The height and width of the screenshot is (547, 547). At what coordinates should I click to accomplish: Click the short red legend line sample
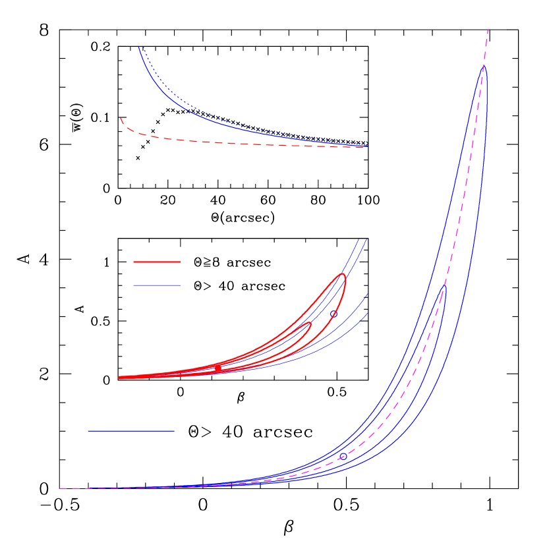click(x=156, y=262)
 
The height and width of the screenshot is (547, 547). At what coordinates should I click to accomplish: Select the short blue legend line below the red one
click(x=156, y=285)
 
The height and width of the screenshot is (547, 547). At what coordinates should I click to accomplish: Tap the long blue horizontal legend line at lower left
click(x=131, y=431)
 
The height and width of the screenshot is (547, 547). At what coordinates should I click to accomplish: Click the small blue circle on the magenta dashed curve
click(x=343, y=456)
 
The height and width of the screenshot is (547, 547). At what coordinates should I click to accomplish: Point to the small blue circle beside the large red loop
click(x=333, y=314)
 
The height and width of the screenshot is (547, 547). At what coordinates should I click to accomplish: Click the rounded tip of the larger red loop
click(x=343, y=275)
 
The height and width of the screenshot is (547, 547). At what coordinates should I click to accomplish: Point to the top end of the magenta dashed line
click(x=488, y=30)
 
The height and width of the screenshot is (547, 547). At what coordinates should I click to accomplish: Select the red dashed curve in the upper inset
click(x=231, y=143)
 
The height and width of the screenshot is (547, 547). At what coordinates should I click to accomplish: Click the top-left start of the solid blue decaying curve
click(x=139, y=47)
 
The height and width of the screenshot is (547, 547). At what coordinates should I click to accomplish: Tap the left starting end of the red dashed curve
click(x=121, y=118)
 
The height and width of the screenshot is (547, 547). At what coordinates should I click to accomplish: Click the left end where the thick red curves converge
click(x=120, y=378)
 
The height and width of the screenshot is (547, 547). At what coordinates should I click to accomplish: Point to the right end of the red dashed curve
click(x=362, y=148)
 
